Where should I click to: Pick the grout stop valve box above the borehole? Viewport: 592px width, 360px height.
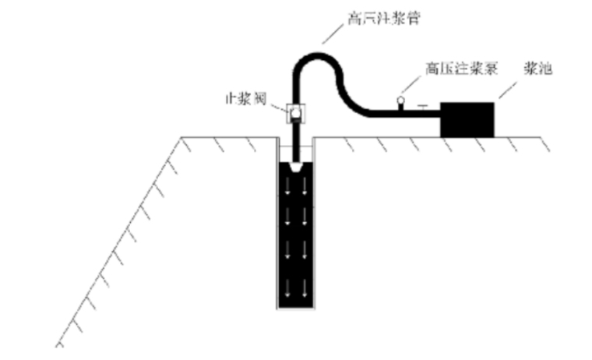(295, 114)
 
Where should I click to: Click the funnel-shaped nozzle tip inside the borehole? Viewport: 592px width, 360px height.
(295, 168)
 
